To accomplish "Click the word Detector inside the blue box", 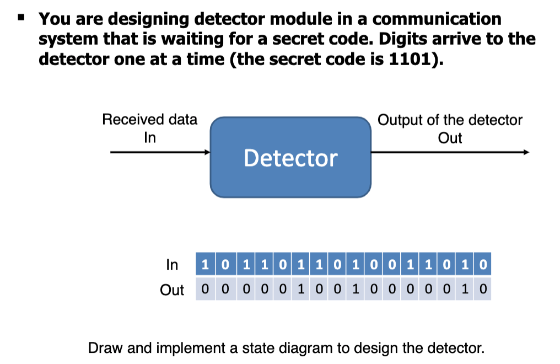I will [290, 158].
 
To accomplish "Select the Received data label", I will [149, 120].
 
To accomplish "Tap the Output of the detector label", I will [450, 120].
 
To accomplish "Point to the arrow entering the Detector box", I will [160, 152].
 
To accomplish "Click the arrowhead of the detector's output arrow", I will [526, 152].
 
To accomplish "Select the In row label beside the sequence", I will [172, 265].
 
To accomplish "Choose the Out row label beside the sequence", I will [171, 290].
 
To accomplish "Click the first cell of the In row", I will [204, 265].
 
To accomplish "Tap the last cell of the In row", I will [483, 265].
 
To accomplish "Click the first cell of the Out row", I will [204, 289].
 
